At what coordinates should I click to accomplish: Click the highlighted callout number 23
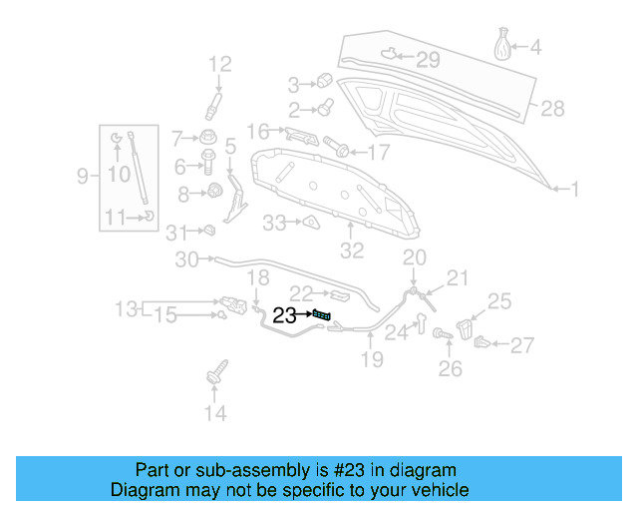click(284, 315)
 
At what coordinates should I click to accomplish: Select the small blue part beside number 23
click(322, 315)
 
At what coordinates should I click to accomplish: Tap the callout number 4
click(535, 47)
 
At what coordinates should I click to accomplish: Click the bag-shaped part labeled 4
click(504, 46)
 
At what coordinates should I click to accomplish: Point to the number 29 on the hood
click(427, 60)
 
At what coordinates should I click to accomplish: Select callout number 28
click(552, 108)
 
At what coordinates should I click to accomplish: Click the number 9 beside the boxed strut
click(83, 177)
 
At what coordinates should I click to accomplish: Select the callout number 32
click(352, 251)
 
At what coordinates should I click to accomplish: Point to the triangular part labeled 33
click(310, 223)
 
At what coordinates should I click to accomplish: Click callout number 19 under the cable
click(372, 359)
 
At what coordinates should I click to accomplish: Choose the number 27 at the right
click(522, 346)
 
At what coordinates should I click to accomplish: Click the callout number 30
click(186, 260)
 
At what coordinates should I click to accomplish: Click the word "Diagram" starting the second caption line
click(142, 490)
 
